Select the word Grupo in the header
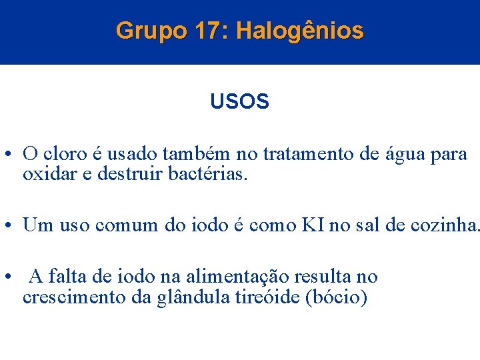tap(152, 31)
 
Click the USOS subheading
tap(239, 102)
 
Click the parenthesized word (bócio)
tap(336, 297)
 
